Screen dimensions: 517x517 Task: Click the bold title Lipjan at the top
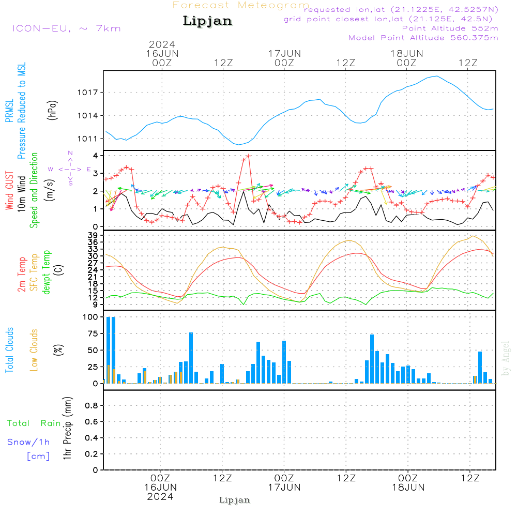207,21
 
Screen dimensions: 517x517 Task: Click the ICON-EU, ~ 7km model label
66,28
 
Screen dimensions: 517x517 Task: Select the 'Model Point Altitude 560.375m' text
423,38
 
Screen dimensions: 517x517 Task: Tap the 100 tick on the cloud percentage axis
91,317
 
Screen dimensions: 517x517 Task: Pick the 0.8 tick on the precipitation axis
92,406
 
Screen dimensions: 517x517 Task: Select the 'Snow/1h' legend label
29,442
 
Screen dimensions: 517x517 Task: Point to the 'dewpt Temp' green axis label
46,272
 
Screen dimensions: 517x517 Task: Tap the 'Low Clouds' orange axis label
34,349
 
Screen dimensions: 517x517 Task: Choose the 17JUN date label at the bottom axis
284,488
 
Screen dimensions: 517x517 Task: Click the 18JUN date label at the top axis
406,53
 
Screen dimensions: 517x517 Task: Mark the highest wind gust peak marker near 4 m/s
249,156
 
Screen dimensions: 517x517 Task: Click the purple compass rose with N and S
70,169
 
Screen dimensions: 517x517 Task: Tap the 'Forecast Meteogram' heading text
241,5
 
